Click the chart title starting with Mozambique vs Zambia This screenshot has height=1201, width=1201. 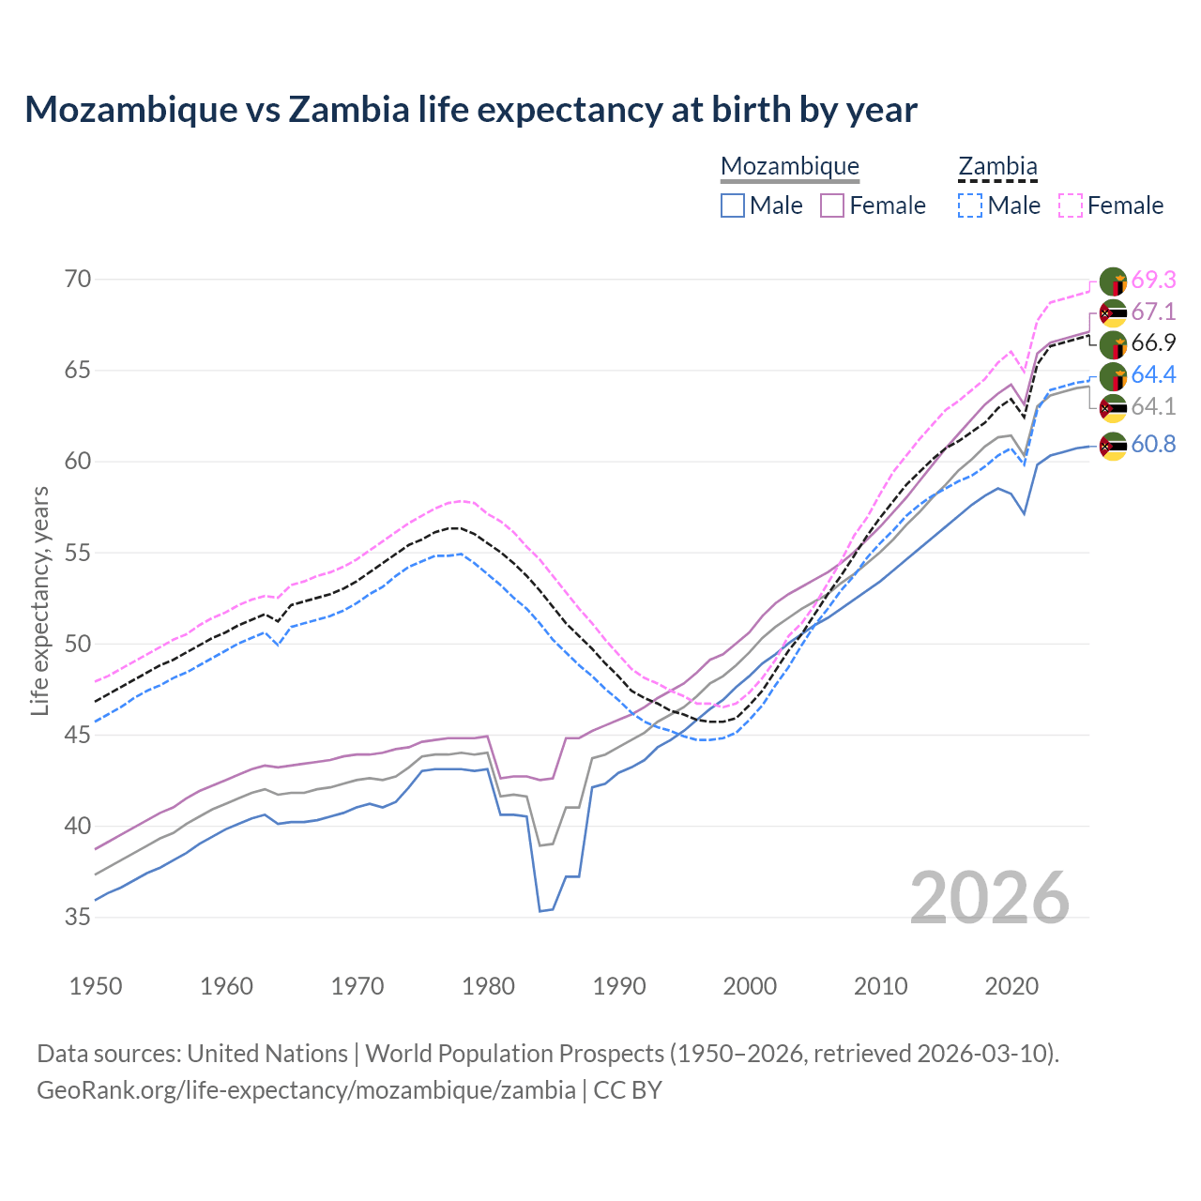point(470,110)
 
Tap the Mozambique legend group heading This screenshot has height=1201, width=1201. point(790,166)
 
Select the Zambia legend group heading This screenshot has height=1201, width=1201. point(997,166)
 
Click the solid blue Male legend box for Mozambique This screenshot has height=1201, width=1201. point(733,205)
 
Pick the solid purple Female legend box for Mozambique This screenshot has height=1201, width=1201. point(833,205)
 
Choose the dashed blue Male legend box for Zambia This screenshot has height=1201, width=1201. point(970,205)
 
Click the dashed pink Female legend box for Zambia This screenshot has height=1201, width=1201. point(1071,205)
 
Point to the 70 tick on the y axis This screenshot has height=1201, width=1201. point(78,279)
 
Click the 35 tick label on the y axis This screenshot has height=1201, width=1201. point(78,917)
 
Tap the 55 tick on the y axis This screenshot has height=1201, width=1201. point(78,553)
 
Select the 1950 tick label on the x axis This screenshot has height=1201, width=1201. point(96,986)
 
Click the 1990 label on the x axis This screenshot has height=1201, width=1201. point(619,986)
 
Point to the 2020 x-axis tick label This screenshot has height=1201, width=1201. point(1011,986)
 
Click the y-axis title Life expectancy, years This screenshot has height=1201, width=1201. point(39,600)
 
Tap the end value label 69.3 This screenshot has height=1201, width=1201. point(1153,280)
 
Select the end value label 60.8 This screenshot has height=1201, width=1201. point(1153,444)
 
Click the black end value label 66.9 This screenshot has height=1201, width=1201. point(1153,342)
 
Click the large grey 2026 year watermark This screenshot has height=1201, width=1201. point(989,898)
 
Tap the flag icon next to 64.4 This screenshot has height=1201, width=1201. point(1113,376)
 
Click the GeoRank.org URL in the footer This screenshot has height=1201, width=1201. point(306,1090)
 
